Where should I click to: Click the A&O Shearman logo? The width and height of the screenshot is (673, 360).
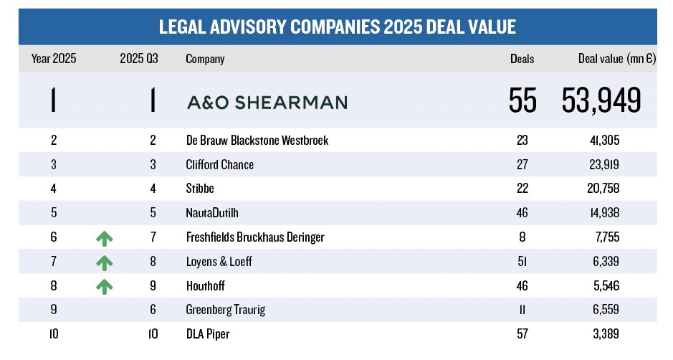267,102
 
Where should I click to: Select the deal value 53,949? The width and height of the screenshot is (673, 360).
601,101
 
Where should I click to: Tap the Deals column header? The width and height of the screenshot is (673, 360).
522,59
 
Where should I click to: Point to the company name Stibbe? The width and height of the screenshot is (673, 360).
201,189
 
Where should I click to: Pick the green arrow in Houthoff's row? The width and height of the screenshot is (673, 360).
105,286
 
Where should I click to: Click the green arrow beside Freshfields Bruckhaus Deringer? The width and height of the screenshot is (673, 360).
105,238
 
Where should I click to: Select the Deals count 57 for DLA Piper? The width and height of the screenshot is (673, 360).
522,333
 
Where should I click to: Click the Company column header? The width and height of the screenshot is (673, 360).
205,59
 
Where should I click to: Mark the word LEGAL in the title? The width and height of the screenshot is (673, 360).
183,27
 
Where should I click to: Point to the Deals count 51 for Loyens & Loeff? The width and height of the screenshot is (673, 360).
522,262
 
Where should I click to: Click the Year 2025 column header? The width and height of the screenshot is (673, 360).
54,59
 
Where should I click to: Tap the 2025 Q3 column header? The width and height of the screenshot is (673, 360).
139,59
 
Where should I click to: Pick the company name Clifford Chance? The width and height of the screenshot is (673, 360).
219,164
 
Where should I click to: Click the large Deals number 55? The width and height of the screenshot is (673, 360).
522,101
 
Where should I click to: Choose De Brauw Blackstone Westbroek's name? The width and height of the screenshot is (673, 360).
257,141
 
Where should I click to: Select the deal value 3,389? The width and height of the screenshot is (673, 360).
603,333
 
